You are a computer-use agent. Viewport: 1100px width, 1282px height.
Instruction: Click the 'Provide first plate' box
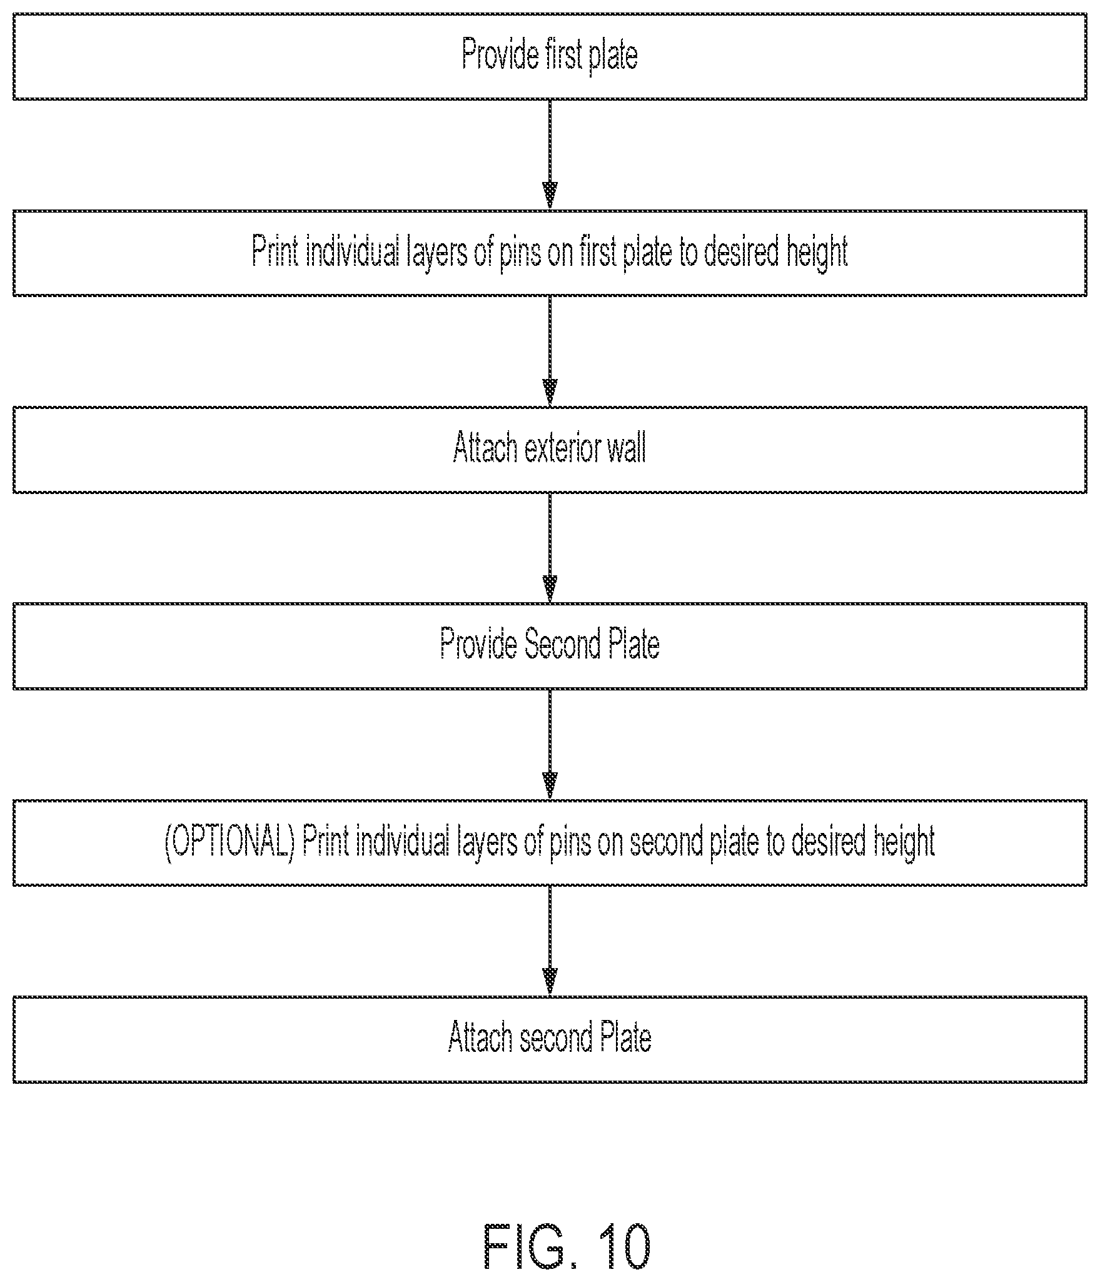click(550, 56)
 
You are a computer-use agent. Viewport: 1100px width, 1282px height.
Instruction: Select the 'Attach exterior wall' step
click(550, 450)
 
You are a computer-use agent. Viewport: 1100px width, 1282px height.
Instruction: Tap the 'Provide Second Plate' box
click(550, 646)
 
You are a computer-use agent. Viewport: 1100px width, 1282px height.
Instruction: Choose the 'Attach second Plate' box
click(550, 1039)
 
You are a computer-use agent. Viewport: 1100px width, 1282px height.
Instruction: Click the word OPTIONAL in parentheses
click(230, 843)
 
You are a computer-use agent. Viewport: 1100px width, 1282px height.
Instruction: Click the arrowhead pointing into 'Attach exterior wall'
click(550, 393)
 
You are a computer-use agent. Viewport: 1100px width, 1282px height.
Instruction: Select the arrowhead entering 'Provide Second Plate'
click(550, 590)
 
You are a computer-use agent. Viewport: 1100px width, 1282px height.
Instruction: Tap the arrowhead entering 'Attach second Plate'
click(550, 982)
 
